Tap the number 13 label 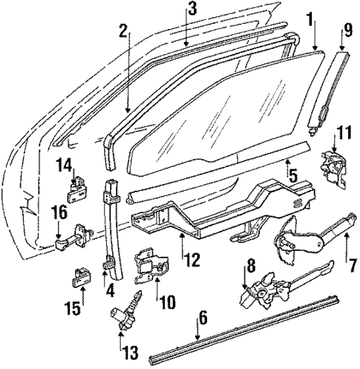coord(120,350)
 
